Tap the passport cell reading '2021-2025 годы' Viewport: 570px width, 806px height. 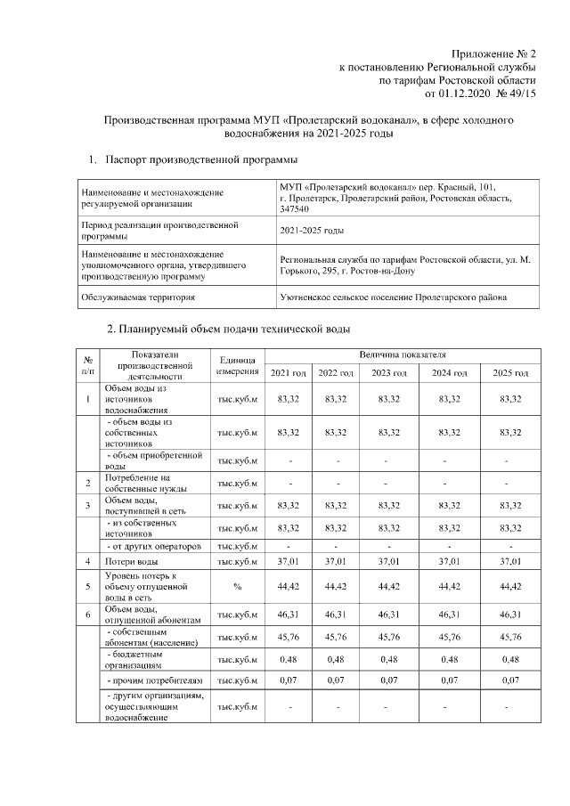(312, 231)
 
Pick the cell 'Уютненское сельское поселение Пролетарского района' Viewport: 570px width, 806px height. (395, 297)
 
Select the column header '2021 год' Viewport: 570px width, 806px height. (288, 372)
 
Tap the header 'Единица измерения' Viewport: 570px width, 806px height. (237, 363)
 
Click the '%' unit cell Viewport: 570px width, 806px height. (237, 587)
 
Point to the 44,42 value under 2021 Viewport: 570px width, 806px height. (288, 587)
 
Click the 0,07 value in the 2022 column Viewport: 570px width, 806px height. (336, 681)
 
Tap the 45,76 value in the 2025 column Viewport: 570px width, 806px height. (510, 637)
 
